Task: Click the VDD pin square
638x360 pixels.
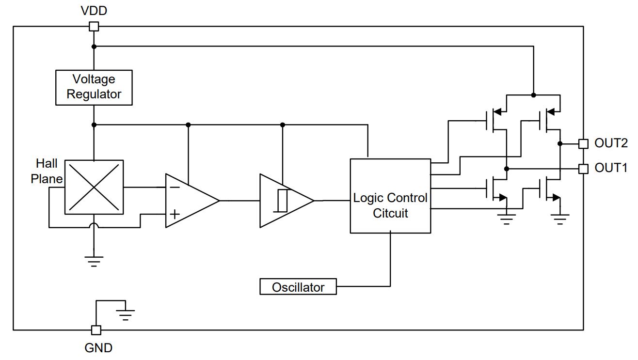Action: tap(94, 27)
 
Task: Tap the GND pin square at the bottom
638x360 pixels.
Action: tap(96, 330)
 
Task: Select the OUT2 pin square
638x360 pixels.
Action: tap(583, 144)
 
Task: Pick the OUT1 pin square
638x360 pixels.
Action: tap(583, 169)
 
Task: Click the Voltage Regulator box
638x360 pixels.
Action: tap(94, 88)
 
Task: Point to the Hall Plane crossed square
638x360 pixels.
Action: tap(94, 187)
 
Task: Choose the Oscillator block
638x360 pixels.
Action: tap(298, 286)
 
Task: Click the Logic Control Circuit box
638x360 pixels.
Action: tap(390, 196)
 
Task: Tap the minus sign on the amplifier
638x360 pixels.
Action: tap(175, 187)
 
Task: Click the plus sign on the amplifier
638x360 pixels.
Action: tap(175, 214)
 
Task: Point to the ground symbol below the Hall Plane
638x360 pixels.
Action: tap(94, 261)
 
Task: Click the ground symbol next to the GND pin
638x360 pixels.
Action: tap(125, 315)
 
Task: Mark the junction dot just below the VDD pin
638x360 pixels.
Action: tap(94, 47)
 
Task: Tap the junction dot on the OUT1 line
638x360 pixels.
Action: tap(507, 169)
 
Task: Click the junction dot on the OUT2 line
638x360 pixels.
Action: tap(560, 144)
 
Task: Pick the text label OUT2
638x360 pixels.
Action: tap(611, 143)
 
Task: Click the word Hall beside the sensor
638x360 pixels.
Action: tap(47, 163)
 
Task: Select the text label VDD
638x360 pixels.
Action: tap(94, 11)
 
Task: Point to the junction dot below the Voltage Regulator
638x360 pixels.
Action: tap(94, 125)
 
